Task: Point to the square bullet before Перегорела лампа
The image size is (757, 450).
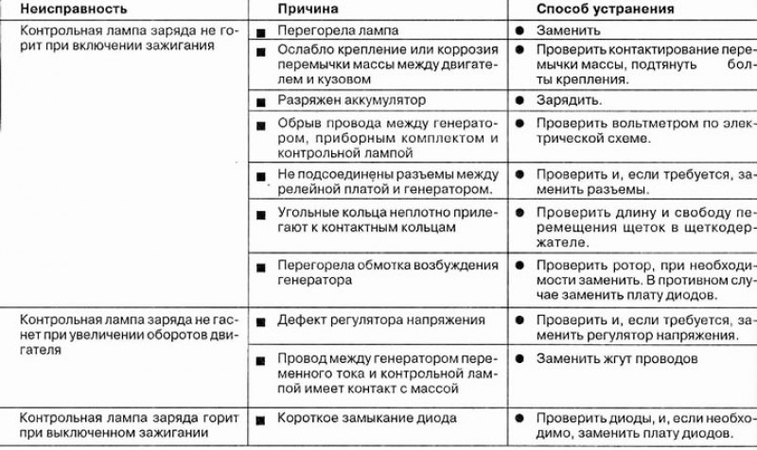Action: pyautogui.click(x=260, y=32)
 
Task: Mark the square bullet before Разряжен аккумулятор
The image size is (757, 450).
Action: pyautogui.click(x=260, y=99)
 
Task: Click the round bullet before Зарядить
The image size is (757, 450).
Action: pyautogui.click(x=519, y=99)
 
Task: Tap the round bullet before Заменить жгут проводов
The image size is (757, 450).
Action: pyautogui.click(x=519, y=360)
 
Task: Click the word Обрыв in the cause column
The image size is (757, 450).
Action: pyautogui.click(x=297, y=123)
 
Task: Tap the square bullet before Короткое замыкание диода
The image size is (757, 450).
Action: pyautogui.click(x=260, y=418)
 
